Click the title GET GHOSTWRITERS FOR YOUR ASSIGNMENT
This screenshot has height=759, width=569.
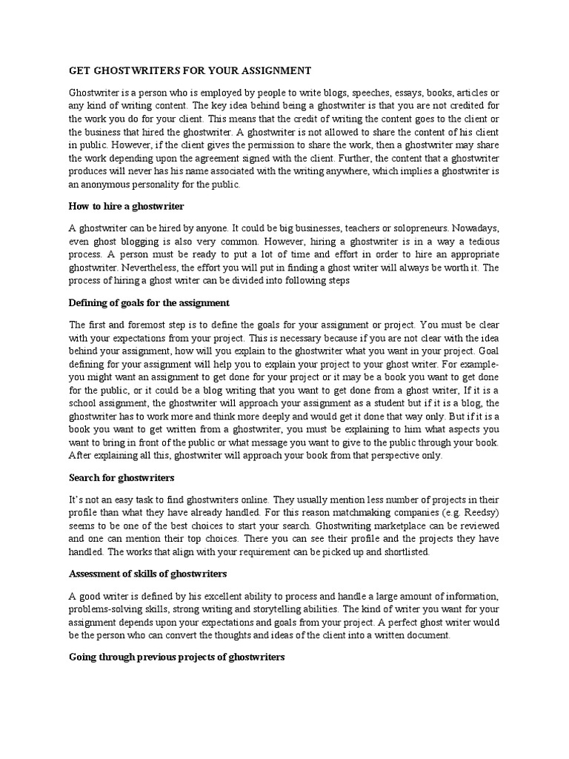190,70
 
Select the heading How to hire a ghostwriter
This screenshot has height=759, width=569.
126,205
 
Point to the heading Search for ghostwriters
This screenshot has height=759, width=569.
122,477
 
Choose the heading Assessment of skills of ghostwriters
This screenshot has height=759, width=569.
147,574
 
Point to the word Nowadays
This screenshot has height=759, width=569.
476,228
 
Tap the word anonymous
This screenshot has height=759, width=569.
107,185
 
